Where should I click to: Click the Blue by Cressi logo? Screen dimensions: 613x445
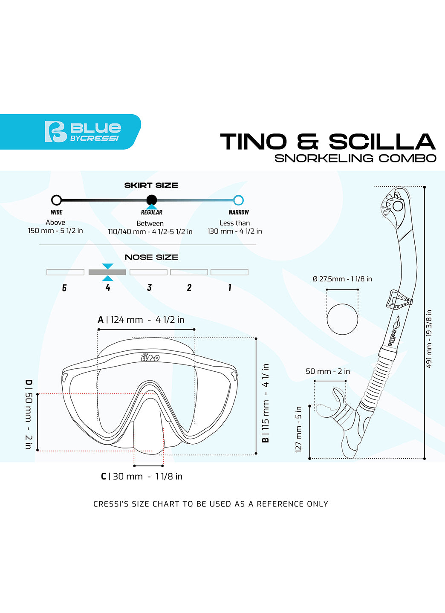tap(82, 132)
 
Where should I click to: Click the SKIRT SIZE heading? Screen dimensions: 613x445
tap(151, 185)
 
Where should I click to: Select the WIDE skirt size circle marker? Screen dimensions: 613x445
tap(56, 200)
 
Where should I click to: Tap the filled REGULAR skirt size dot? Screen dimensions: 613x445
tap(151, 200)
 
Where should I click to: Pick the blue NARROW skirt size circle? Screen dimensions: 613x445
tap(238, 200)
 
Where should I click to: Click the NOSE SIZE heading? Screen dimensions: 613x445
tap(151, 257)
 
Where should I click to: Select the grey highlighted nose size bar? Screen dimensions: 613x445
tap(107, 272)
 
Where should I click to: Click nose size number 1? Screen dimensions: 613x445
tap(230, 288)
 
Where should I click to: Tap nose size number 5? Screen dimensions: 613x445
tap(64, 288)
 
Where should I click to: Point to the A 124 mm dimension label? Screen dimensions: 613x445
tap(141, 320)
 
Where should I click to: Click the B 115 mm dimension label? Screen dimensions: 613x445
tap(266, 403)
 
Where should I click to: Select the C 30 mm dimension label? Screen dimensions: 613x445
tap(142, 477)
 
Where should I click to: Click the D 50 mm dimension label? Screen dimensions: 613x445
tap(29, 414)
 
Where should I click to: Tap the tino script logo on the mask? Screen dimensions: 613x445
tap(150, 357)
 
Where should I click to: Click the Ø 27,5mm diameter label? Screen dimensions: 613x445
tap(342, 279)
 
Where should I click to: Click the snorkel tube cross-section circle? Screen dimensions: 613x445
tap(342, 319)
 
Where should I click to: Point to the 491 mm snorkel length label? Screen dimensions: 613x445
tap(429, 338)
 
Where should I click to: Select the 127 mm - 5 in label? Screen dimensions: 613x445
tap(298, 429)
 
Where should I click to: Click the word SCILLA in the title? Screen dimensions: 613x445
tap(381, 142)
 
